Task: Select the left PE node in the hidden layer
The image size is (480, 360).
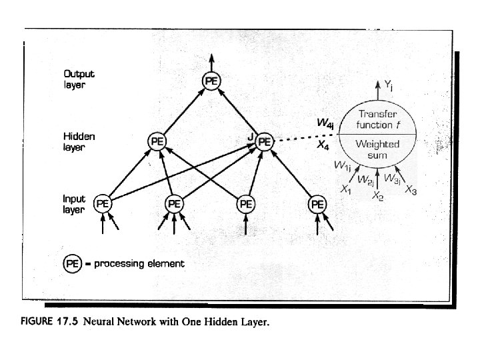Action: coord(157,141)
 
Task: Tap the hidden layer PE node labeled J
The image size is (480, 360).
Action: coord(265,141)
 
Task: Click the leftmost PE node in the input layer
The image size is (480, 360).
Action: coord(103,203)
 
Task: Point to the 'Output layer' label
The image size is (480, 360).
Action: coord(79,79)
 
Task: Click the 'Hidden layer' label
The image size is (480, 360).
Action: coord(79,141)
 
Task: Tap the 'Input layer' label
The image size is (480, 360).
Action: coord(74,203)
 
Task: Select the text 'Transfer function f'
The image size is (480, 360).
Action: coord(378,120)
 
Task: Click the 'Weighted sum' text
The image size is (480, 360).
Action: coord(378,148)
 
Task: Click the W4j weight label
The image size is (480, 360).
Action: coord(325,123)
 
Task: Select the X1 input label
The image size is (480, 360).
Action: coord(345,190)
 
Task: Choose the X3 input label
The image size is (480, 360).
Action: coord(411,191)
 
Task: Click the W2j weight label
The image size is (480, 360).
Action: coord(365,179)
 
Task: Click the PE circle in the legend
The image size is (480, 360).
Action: coord(73,263)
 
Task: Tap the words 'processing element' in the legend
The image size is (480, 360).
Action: coord(139,263)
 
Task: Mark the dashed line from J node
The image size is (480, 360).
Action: coord(307,135)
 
